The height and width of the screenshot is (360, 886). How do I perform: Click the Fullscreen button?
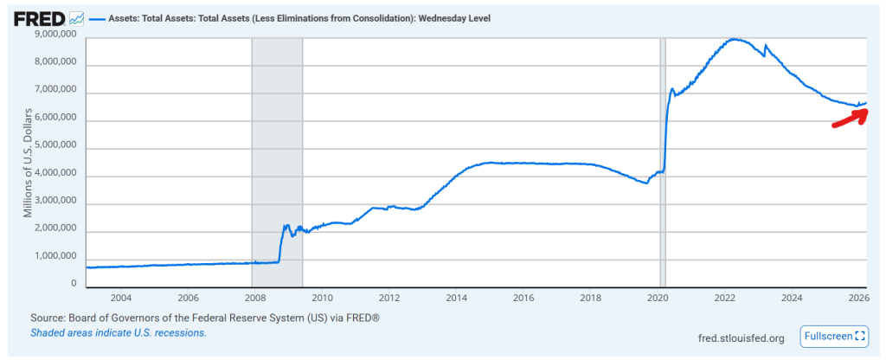coord(834,336)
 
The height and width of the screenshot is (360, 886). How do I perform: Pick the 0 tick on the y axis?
coord(74,283)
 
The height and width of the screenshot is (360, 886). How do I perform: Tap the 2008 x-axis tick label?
coord(252,296)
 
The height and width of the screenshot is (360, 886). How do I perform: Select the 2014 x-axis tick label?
coord(458,296)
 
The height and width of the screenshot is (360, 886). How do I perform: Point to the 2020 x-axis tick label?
coord(660,296)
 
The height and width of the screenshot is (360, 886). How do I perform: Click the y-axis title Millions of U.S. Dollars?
coord(29,161)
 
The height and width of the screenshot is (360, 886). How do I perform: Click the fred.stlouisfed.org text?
coord(740,337)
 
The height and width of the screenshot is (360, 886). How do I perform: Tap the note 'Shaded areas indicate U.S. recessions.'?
coord(119,332)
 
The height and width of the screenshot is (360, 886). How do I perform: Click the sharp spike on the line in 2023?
coord(766,45)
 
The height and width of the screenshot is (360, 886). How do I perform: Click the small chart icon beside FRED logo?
coord(77,17)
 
